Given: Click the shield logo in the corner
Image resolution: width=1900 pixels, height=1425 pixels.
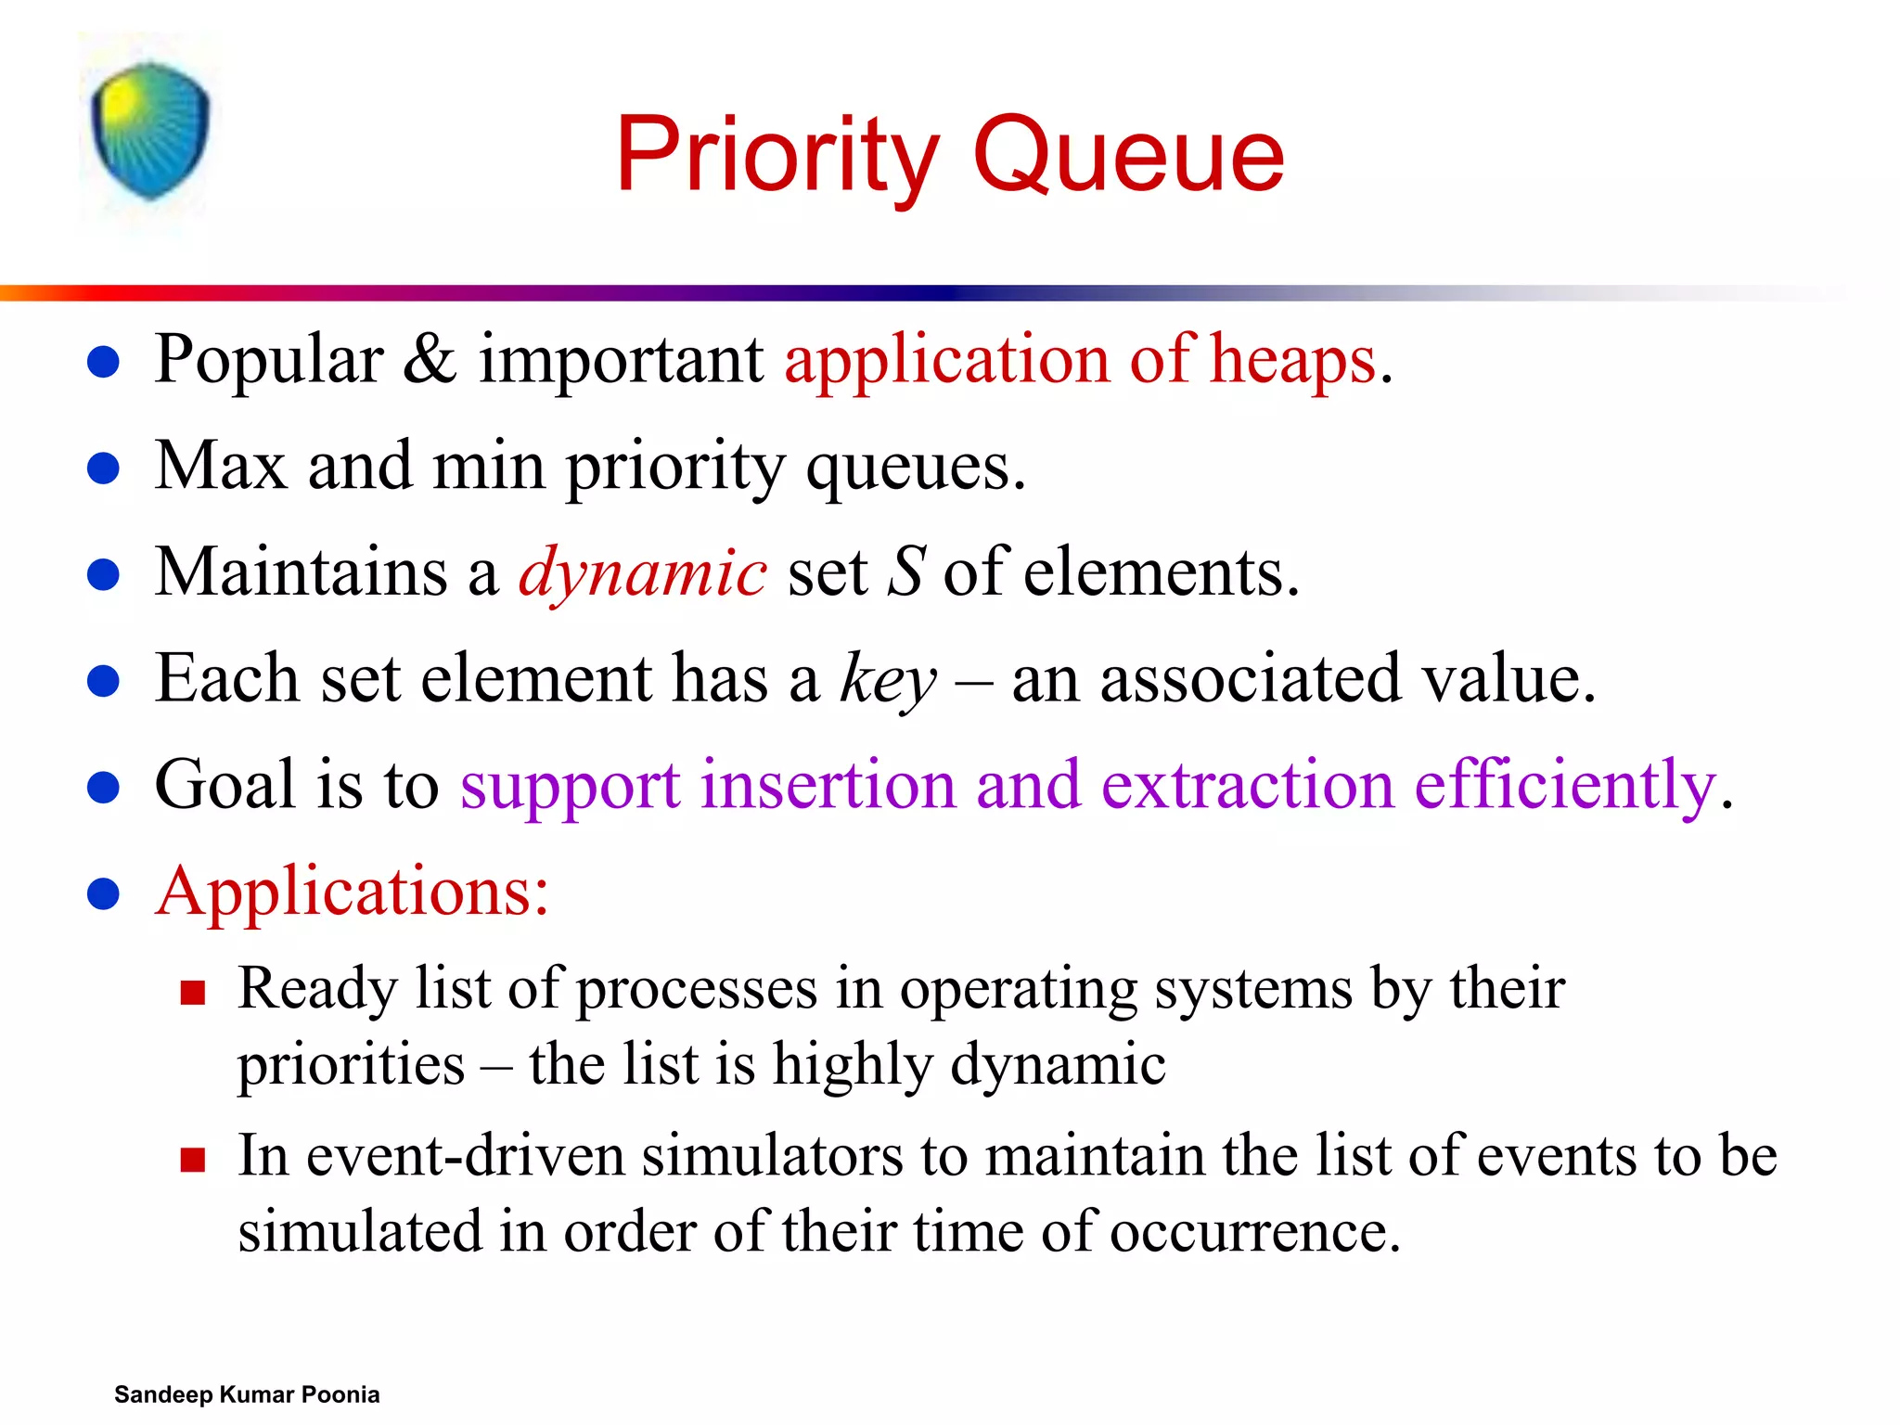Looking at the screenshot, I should coord(150,130).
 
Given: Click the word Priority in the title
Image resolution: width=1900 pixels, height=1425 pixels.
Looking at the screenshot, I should coord(777,156).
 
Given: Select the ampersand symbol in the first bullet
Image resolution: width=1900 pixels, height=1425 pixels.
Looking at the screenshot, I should coord(430,359).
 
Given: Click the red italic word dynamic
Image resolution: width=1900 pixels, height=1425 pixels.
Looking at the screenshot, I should coord(642,573).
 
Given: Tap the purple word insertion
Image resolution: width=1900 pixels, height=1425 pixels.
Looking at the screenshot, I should coord(828,786).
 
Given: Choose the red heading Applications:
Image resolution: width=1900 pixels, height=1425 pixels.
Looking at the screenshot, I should coord(353,892).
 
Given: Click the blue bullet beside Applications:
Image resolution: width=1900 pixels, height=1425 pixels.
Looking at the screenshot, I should coord(103,894).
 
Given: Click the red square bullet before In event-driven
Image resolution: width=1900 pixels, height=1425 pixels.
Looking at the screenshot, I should coord(193,1161).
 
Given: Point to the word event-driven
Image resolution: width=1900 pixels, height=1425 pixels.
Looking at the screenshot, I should coord(466,1157).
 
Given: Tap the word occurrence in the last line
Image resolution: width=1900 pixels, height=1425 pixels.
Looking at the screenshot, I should coord(1254,1233).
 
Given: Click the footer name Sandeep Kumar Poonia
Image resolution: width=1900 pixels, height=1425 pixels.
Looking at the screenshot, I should coord(247,1394).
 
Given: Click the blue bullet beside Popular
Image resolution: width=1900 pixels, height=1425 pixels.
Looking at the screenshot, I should coord(103,362).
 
